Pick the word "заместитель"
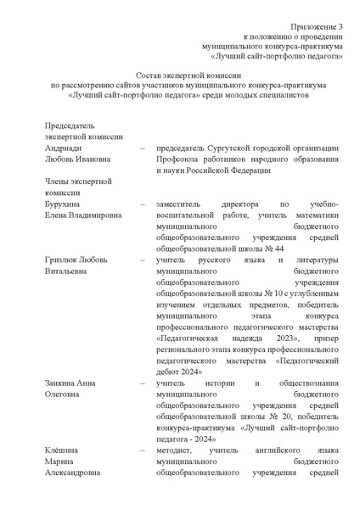182,205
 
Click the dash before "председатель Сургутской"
141,148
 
